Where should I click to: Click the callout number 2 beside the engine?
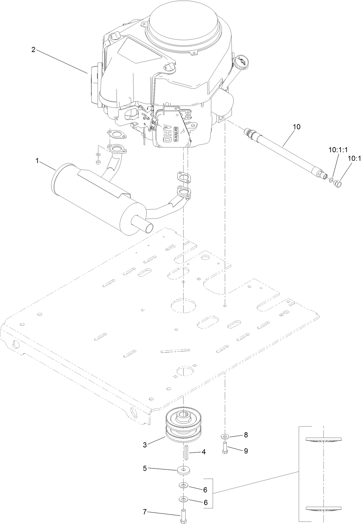(x=33, y=50)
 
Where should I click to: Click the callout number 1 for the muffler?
(x=37, y=161)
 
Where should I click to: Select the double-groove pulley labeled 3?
(x=181, y=430)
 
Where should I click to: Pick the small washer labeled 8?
(x=225, y=436)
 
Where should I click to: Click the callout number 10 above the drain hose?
(x=296, y=127)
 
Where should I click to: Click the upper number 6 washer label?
(x=205, y=489)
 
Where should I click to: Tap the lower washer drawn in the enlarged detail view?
(x=323, y=508)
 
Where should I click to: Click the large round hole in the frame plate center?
(x=184, y=304)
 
